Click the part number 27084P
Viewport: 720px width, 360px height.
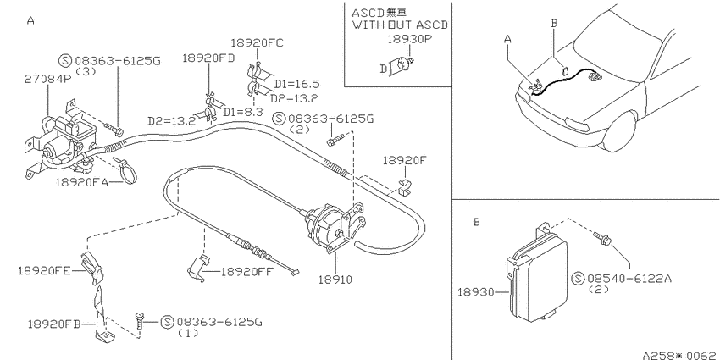(47, 79)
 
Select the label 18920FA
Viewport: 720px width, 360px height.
(82, 182)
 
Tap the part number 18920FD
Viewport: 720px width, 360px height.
(208, 58)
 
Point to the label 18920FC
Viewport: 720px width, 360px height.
(257, 43)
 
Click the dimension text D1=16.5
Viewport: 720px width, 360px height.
(296, 84)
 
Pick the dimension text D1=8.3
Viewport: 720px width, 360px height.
(243, 112)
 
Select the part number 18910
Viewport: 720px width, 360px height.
(335, 280)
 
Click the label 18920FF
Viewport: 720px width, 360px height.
(247, 272)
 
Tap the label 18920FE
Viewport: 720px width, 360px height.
(44, 270)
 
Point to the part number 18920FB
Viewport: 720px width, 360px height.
(54, 324)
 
